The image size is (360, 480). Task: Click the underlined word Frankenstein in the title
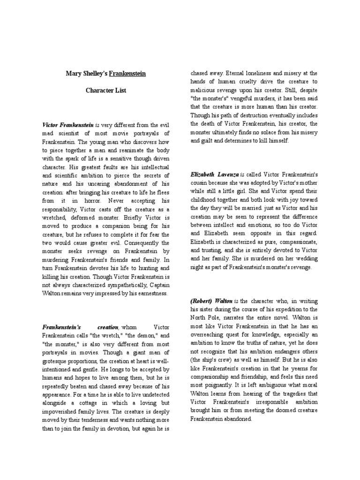[x=127, y=74]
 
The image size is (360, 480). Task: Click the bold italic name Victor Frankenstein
[x=68, y=126]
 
